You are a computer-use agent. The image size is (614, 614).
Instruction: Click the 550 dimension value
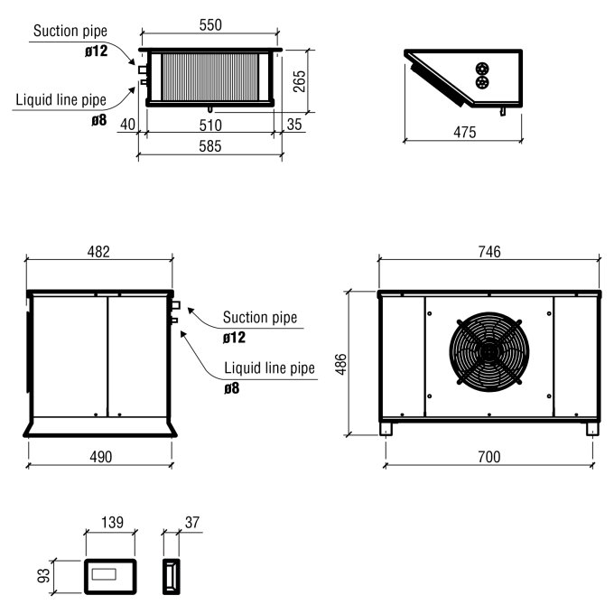pos(210,25)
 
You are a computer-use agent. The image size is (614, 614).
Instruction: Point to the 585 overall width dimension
pos(210,145)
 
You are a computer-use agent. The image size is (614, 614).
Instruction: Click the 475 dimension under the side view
pos(464,132)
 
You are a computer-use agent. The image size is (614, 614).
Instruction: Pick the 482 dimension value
pos(98,252)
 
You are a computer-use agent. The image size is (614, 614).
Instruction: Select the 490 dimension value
pos(100,457)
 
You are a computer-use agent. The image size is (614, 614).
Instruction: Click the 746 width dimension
pos(488,252)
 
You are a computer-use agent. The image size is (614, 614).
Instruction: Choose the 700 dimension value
pos(488,457)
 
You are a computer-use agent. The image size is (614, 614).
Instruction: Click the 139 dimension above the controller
pos(110,524)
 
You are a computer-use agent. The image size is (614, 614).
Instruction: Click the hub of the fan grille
pos(488,351)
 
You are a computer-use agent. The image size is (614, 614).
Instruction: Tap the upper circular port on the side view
pos(483,68)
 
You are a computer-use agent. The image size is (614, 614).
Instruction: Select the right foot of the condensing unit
pos(591,429)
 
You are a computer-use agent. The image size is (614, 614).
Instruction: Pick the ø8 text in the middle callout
pos(233,390)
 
